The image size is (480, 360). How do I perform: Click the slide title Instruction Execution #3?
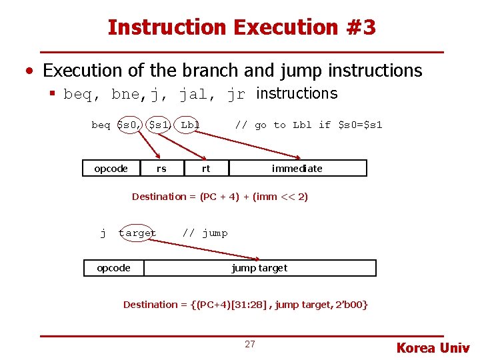pyautogui.click(x=241, y=27)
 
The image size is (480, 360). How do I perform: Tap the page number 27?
pyautogui.click(x=250, y=345)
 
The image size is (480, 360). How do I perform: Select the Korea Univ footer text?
pyautogui.click(x=433, y=347)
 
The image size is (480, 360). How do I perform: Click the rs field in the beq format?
pyautogui.click(x=161, y=169)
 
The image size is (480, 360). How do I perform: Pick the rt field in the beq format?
pyautogui.click(x=206, y=169)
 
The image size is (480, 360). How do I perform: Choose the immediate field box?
pyautogui.click(x=297, y=169)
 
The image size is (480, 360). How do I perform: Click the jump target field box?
pyautogui.click(x=259, y=268)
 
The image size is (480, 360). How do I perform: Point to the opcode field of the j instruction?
pyautogui.click(x=114, y=268)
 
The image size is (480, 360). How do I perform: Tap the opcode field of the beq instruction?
pyautogui.click(x=111, y=169)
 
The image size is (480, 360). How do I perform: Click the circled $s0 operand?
pyautogui.click(x=129, y=125)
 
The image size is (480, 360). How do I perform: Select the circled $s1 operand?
pyautogui.click(x=159, y=125)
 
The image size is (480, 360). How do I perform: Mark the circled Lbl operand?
pyautogui.click(x=190, y=125)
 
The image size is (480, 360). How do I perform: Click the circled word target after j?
pyautogui.click(x=137, y=233)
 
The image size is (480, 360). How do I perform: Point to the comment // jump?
pyautogui.click(x=205, y=233)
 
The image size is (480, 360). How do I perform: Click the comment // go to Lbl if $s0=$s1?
pyautogui.click(x=309, y=125)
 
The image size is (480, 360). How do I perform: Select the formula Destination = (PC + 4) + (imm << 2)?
pyautogui.click(x=220, y=197)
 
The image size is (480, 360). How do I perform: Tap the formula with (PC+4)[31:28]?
pyautogui.click(x=245, y=305)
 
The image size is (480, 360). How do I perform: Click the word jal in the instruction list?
pyautogui.click(x=193, y=94)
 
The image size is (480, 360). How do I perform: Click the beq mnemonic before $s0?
pyautogui.click(x=101, y=125)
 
